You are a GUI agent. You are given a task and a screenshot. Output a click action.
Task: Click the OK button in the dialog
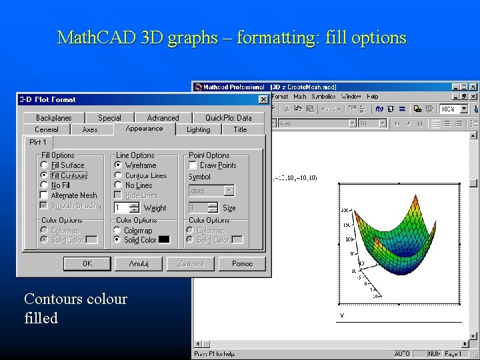pyautogui.click(x=87, y=263)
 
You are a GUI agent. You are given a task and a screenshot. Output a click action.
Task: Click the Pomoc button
pyautogui.click(x=242, y=263)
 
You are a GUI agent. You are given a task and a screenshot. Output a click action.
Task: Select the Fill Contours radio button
pyautogui.click(x=45, y=175)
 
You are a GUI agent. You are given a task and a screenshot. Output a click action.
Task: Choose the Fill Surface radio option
pyautogui.click(x=45, y=165)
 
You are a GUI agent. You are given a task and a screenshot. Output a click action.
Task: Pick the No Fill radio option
pyautogui.click(x=45, y=185)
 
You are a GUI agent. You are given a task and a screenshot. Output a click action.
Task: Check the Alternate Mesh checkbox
pyautogui.click(x=45, y=195)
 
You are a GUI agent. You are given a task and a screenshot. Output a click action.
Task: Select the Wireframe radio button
pyautogui.click(x=118, y=165)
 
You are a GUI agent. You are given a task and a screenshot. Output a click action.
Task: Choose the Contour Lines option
pyautogui.click(x=118, y=175)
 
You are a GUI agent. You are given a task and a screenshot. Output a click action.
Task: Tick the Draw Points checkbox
pyautogui.click(x=193, y=165)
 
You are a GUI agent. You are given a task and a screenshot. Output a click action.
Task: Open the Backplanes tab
pyautogui.click(x=53, y=118)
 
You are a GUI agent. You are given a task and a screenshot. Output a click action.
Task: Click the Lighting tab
pyautogui.click(x=198, y=129)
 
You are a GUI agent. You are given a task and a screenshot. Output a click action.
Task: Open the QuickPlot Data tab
pyautogui.click(x=228, y=118)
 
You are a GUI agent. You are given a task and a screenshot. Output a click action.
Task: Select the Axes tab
pyautogui.click(x=90, y=129)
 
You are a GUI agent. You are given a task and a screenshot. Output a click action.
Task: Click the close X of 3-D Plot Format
pyautogui.click(x=263, y=100)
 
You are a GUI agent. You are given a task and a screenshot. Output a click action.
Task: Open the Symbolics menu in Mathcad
pyautogui.click(x=323, y=97)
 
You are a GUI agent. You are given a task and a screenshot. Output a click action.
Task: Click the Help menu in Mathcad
pyautogui.click(x=372, y=97)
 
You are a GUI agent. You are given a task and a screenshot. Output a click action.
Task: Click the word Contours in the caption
pyautogui.click(x=53, y=299)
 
